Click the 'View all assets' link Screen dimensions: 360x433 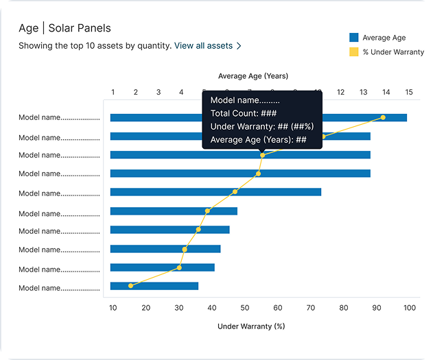203,46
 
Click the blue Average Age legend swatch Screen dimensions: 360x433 354,38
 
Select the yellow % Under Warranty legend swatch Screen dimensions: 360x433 354,52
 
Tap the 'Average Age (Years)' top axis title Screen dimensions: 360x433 253,75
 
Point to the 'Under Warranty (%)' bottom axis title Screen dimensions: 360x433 251,326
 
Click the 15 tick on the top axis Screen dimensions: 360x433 408,92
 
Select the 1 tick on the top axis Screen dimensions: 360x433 113,92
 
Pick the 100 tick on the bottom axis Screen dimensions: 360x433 410,308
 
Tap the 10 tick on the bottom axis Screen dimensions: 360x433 113,308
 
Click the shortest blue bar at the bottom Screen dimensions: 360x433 154,286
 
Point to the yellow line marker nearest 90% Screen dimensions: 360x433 383,117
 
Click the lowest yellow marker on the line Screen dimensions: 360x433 130,285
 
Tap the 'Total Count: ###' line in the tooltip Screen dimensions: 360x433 243,114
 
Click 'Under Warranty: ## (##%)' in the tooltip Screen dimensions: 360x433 261,127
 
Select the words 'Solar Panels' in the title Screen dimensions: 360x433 80,28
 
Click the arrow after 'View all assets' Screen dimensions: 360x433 239,46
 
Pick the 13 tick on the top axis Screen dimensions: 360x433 363,92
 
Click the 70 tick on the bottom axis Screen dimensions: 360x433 311,308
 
